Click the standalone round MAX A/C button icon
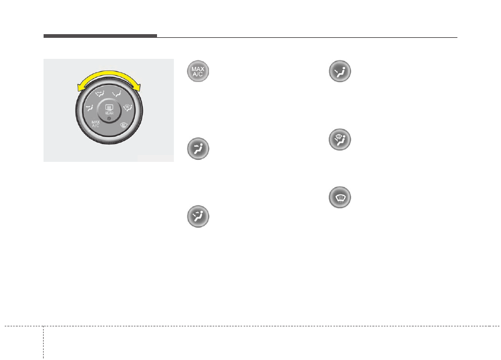[198, 71]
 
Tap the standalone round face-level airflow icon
[198, 149]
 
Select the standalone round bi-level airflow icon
[198, 217]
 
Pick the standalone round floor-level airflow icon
[340, 71]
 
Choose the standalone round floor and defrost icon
[340, 140]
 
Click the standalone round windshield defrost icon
[340, 198]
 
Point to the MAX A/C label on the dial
[96, 124]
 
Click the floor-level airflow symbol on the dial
[117, 94]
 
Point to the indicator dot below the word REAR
[109, 119]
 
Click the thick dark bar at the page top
[100, 36]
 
